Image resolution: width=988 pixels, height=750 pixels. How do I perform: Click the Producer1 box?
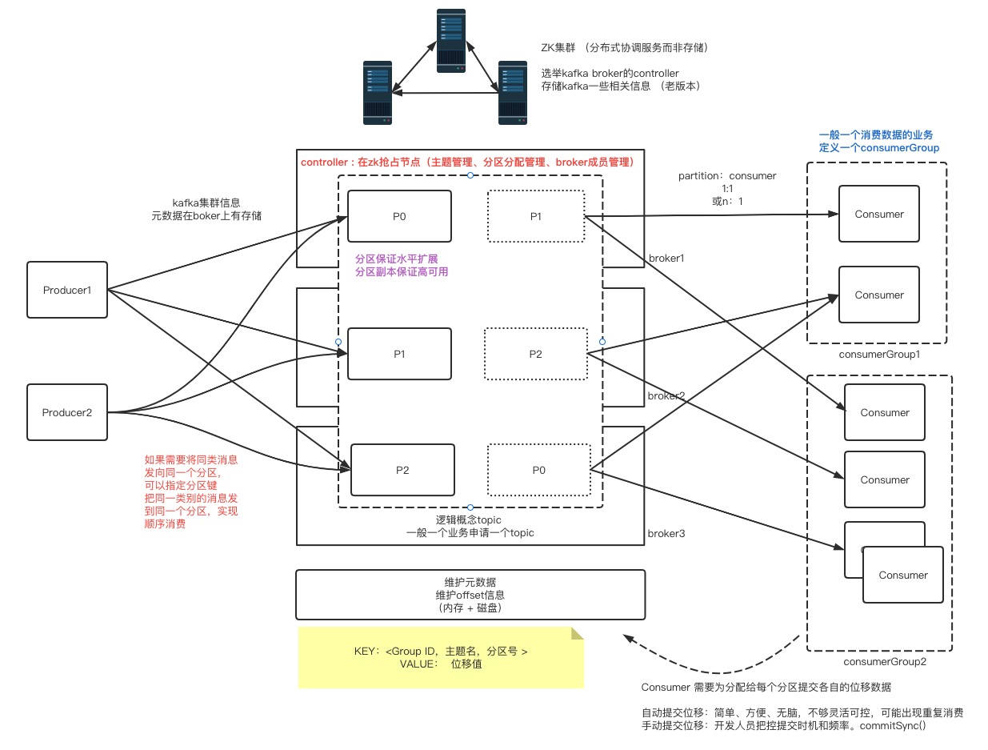pyautogui.click(x=67, y=290)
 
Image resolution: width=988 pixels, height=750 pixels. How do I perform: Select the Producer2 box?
pyautogui.click(x=67, y=412)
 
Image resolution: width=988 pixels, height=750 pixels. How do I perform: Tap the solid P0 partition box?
pyautogui.click(x=399, y=216)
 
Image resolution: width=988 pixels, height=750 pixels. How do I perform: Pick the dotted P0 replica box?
pyautogui.click(x=538, y=470)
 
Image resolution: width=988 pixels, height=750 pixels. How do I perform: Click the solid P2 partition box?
pyautogui.click(x=402, y=470)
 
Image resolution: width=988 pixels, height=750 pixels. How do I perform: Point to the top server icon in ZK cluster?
pyautogui.click(x=451, y=42)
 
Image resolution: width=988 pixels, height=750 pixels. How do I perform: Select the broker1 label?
pyautogui.click(x=666, y=259)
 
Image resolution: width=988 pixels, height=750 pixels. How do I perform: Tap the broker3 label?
pyautogui.click(x=666, y=533)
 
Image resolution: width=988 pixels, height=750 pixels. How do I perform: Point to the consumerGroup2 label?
pyautogui.click(x=879, y=662)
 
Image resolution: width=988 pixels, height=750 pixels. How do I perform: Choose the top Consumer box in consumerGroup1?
pyautogui.click(x=878, y=214)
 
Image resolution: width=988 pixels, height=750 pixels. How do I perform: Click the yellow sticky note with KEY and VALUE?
pyautogui.click(x=441, y=657)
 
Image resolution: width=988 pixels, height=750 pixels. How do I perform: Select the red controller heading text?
pyautogui.click(x=467, y=162)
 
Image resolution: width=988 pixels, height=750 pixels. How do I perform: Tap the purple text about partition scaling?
pyautogui.click(x=402, y=266)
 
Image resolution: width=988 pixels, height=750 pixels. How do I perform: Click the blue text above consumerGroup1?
pyautogui.click(x=878, y=141)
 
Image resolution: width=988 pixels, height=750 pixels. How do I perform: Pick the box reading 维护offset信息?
pyautogui.click(x=470, y=595)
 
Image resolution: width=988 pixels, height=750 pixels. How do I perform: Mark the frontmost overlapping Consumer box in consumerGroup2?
pyautogui.click(x=902, y=575)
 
